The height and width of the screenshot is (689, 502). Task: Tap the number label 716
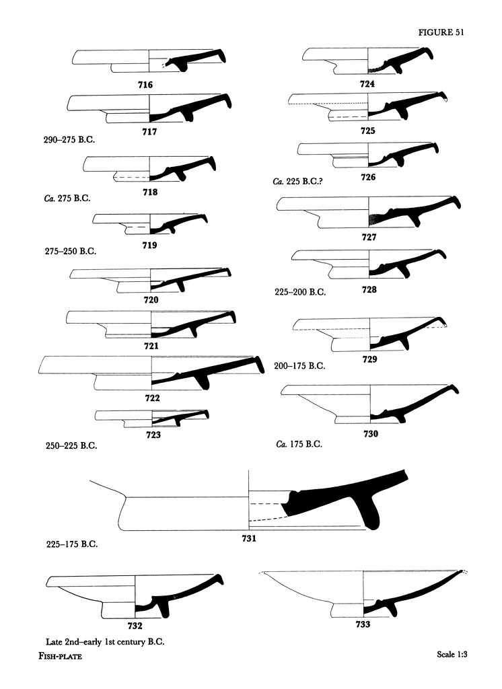click(145, 85)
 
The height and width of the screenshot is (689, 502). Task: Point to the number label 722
click(152, 398)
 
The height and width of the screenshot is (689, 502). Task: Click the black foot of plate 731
click(369, 515)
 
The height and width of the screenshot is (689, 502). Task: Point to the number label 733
click(363, 624)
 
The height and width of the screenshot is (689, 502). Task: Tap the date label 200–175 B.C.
click(300, 367)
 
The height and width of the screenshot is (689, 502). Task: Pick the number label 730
click(371, 434)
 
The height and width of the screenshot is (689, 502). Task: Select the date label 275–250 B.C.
click(70, 252)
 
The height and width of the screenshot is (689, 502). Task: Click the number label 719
click(149, 246)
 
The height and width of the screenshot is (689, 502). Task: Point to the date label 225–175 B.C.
click(70, 544)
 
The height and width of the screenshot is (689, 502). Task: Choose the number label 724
click(367, 84)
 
